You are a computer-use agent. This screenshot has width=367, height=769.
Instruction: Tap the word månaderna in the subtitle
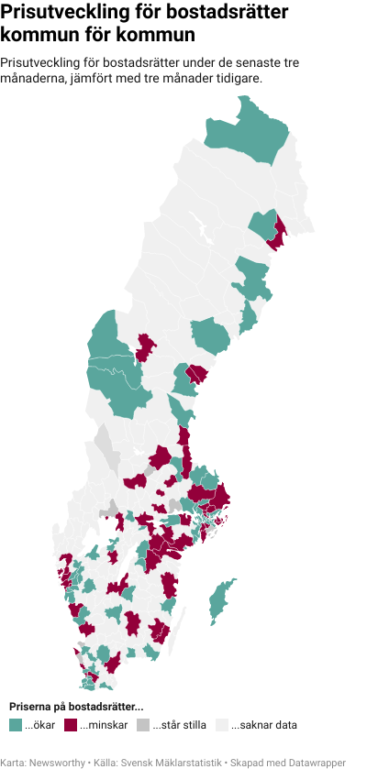click(x=39, y=79)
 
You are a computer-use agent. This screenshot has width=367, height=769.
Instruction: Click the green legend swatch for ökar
click(x=15, y=725)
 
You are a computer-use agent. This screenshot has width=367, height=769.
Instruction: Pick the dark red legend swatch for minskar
click(x=71, y=725)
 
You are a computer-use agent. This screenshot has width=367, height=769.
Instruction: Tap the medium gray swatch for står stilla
click(x=142, y=725)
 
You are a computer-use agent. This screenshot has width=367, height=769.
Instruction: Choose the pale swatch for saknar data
click(x=220, y=725)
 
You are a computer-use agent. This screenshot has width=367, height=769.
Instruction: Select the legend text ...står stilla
click(x=179, y=725)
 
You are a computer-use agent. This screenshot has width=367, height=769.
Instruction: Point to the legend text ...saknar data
click(x=263, y=725)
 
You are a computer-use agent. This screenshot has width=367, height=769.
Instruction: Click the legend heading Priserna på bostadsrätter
click(x=76, y=707)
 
